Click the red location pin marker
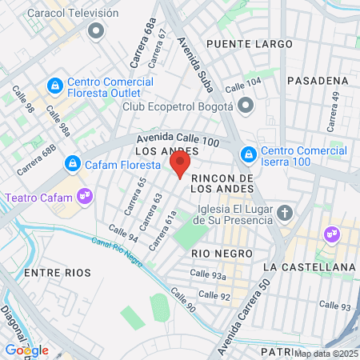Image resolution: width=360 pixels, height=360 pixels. (180, 164)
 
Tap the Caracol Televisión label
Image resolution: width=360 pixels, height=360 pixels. (72, 14)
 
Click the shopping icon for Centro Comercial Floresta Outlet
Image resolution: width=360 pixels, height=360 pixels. (55, 85)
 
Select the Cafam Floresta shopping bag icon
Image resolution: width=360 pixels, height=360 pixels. (72, 162)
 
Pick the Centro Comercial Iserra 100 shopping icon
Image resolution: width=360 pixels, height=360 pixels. (249, 153)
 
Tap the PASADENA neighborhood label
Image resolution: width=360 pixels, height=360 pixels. (318, 81)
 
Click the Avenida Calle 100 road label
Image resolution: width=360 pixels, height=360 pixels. (177, 140)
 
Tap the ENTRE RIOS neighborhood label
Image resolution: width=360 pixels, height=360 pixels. (54, 273)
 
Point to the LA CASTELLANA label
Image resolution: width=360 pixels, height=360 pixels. (308, 266)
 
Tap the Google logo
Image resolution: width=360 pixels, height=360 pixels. (26, 350)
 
